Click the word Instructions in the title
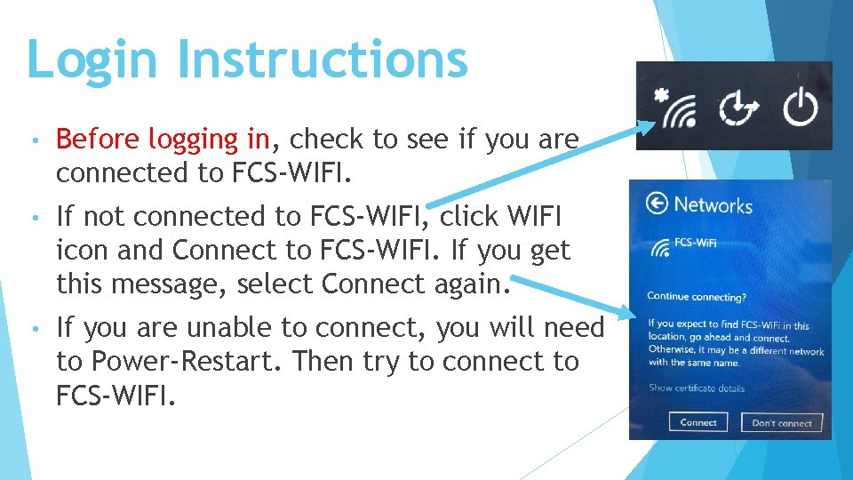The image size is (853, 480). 322,60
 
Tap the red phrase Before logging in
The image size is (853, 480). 163,140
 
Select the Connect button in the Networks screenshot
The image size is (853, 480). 698,422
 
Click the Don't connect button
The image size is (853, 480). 781,423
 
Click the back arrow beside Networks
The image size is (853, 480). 656,204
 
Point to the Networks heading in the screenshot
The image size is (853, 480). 713,205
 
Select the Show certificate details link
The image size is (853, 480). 697,388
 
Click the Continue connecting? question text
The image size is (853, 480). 696,296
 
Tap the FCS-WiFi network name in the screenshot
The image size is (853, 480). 696,243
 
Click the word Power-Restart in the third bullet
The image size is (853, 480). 187,362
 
